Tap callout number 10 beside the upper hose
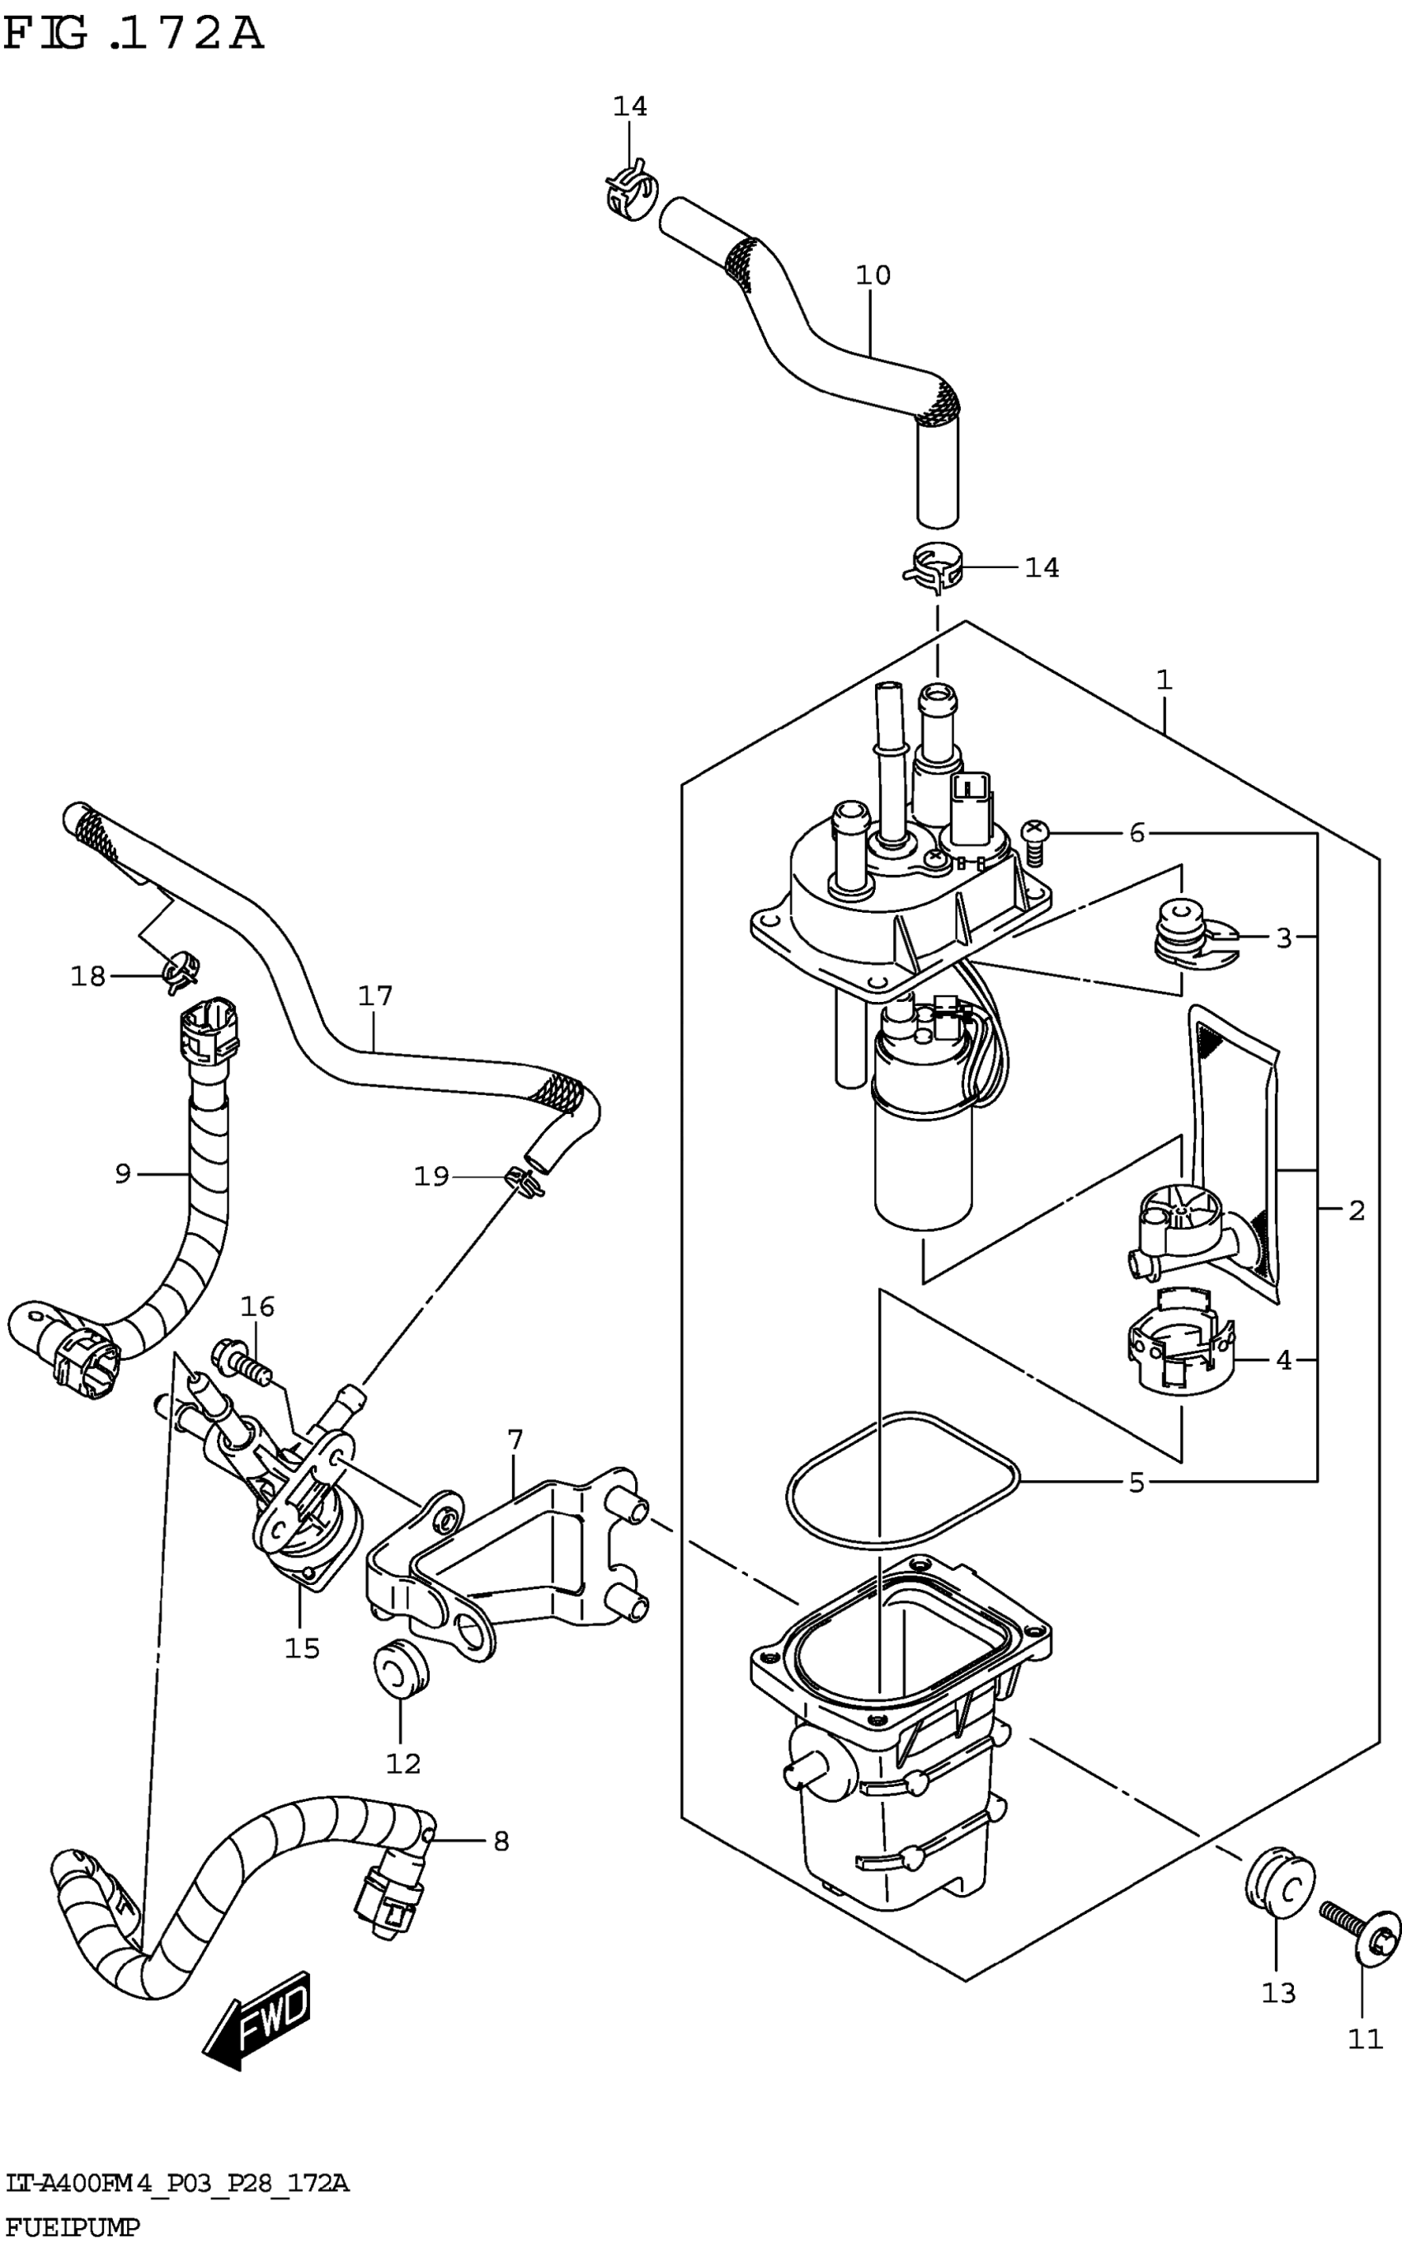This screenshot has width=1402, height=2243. click(x=873, y=275)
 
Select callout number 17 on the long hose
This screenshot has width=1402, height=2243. click(x=375, y=995)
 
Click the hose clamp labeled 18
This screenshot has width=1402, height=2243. click(x=181, y=971)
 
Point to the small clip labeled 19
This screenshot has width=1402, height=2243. click(x=524, y=1181)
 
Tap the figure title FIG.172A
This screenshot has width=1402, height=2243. click(x=134, y=35)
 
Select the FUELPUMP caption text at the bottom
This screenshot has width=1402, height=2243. click(x=73, y=2227)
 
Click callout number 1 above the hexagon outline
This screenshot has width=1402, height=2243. click(x=1164, y=680)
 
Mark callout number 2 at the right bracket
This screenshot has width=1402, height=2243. click(x=1356, y=1210)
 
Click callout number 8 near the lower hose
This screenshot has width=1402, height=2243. click(x=501, y=1841)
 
